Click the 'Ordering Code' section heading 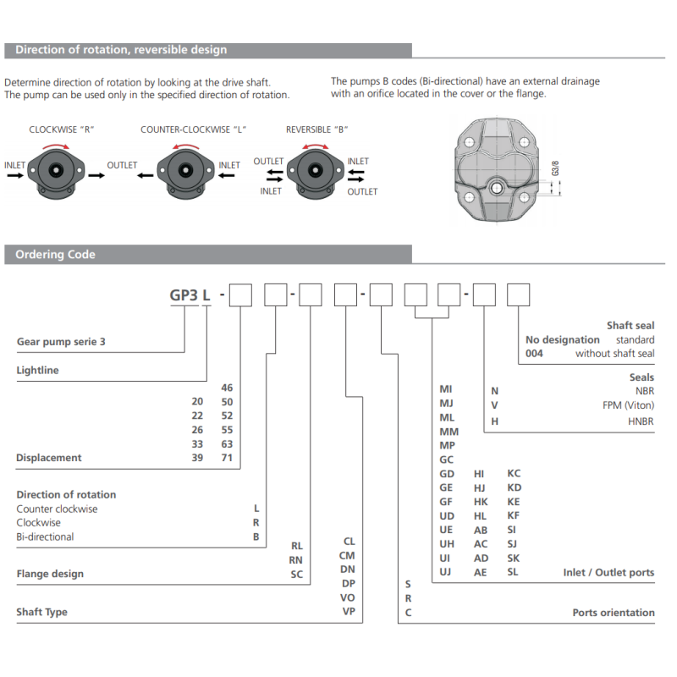(x=55, y=255)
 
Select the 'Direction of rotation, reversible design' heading (x=121, y=50)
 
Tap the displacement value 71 (x=227, y=458)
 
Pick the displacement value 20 (x=197, y=402)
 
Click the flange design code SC (x=296, y=574)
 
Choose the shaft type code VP (x=348, y=611)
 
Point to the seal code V (x=495, y=405)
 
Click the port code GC (x=447, y=460)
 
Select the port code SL (x=513, y=572)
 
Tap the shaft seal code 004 (x=534, y=354)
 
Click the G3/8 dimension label (x=556, y=165)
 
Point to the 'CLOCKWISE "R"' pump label (x=61, y=129)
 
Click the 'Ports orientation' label (x=613, y=613)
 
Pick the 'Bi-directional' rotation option (x=45, y=537)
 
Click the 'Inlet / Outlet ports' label (x=608, y=573)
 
